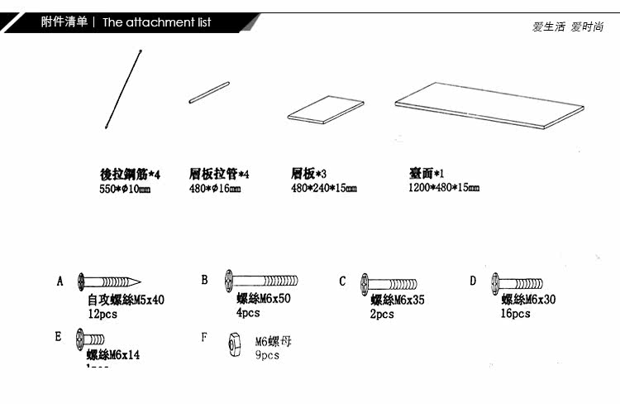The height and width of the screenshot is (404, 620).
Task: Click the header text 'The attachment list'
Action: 157,22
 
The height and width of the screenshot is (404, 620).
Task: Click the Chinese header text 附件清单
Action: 64,22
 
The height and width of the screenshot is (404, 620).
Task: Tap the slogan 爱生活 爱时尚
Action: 567,26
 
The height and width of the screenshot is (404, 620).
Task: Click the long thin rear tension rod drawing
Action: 125,89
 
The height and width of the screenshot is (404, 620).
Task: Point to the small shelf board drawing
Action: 325,111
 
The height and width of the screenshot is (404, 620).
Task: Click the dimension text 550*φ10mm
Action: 125,189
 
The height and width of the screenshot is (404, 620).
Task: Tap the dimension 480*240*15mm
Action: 324,189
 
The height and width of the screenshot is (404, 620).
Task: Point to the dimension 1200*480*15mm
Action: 444,188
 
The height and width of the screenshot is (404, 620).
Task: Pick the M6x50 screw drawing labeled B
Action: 260,281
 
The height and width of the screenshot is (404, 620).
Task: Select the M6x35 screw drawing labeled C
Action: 389,285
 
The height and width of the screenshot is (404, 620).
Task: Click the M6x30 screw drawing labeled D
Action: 517,283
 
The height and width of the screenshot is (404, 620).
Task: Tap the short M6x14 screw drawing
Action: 90,339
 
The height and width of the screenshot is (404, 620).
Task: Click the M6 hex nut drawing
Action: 235,344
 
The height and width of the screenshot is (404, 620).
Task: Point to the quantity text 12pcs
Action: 103,315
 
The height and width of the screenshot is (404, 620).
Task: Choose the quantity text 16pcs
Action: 515,314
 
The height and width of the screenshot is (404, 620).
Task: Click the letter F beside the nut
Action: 204,337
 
